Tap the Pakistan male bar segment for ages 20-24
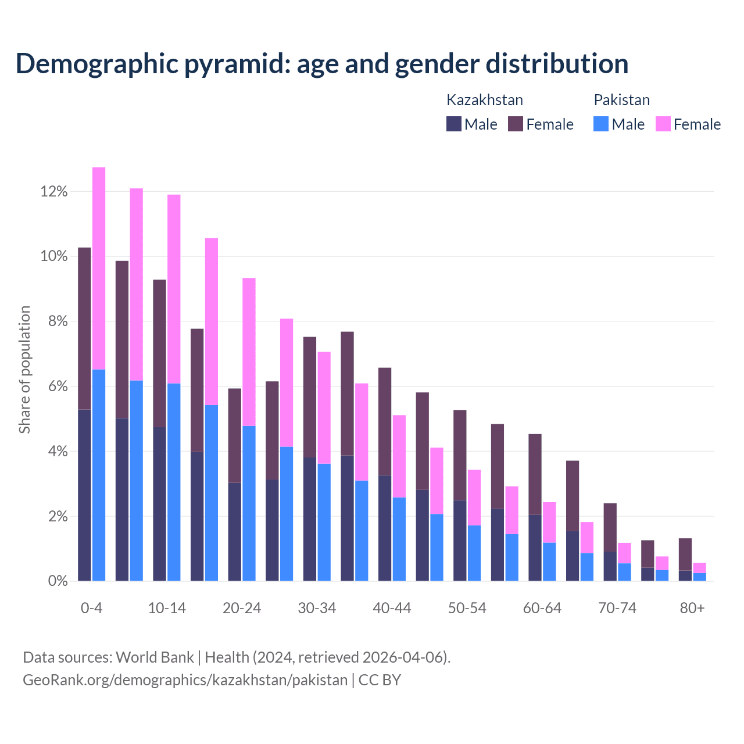(249, 503)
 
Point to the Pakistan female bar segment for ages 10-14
(174, 289)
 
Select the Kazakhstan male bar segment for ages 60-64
(535, 548)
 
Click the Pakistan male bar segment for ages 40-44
(399, 539)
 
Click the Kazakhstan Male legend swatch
(454, 124)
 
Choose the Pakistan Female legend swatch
(663, 124)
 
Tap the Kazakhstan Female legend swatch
(516, 124)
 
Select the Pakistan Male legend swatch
(601, 124)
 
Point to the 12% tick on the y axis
(54, 191)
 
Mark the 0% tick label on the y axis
(58, 581)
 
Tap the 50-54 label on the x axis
(467, 609)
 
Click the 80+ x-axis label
(692, 609)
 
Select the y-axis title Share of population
(24, 370)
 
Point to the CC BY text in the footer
(380, 680)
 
